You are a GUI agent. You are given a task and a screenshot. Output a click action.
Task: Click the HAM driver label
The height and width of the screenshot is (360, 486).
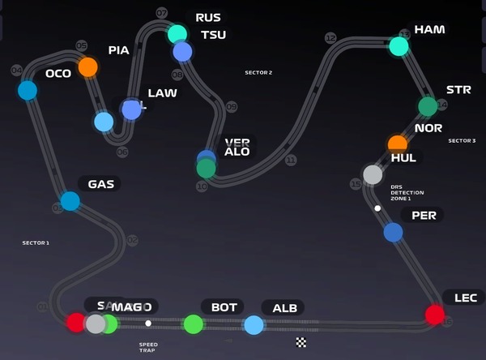pos(429,30)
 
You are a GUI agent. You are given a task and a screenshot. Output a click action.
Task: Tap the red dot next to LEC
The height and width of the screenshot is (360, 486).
pos(435,315)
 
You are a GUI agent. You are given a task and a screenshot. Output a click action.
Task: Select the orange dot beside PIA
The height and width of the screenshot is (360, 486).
pos(87,66)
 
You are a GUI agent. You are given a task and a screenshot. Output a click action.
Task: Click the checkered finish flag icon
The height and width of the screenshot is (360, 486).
pos(301,342)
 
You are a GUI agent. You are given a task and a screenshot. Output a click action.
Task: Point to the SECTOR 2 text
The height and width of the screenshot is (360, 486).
pos(258,73)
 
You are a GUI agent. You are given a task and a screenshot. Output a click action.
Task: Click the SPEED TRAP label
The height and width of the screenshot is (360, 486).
pos(148,347)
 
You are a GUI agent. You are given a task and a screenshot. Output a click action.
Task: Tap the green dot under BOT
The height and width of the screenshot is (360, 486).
pos(193,324)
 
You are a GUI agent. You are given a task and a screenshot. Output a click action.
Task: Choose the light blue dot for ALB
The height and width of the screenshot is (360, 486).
pos(254,325)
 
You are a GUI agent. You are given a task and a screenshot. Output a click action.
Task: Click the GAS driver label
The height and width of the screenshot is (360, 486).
pos(101,184)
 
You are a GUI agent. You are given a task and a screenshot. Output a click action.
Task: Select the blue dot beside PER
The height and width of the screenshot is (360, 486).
pos(393,233)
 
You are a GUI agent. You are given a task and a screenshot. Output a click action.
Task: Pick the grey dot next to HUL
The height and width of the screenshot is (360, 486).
pos(373,174)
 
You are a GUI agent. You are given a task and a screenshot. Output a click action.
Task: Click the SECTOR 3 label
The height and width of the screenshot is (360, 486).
pos(462,141)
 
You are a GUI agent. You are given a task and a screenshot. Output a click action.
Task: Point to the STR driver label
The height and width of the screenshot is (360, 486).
pos(458,90)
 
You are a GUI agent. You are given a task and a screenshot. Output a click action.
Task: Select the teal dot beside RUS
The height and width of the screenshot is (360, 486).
pos(177,34)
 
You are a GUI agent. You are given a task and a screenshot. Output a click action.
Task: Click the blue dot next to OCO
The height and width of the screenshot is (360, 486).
pos(28,90)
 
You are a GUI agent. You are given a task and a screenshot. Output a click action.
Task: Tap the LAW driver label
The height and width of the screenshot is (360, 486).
pos(162,93)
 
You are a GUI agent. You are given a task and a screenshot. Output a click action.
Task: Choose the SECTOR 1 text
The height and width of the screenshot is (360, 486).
pos(36,243)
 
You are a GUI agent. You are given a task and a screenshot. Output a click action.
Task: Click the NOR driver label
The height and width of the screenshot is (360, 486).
pos(428,128)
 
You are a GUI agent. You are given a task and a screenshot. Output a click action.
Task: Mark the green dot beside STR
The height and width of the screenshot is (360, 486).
pos(428,106)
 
